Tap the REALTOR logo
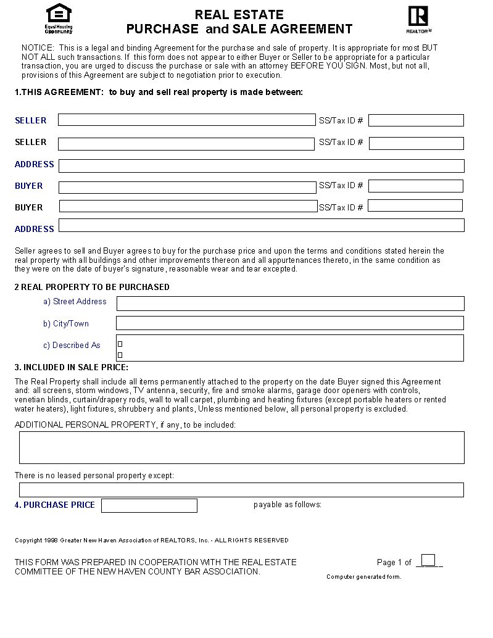click(x=418, y=19)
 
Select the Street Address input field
click(x=290, y=303)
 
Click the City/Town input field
click(x=290, y=323)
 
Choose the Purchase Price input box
click(x=149, y=505)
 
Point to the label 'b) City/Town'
click(x=66, y=323)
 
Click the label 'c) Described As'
click(x=72, y=345)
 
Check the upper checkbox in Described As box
click(x=120, y=344)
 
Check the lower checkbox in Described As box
click(x=120, y=355)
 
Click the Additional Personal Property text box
click(x=241, y=447)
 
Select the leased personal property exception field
click(x=241, y=490)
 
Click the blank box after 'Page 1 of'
click(x=428, y=560)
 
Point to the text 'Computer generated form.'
click(x=363, y=577)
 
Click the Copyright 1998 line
click(x=151, y=541)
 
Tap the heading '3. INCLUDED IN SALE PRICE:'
click(x=72, y=368)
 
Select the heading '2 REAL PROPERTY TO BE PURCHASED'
click(x=92, y=287)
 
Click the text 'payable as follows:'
click(x=288, y=505)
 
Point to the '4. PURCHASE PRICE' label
click(x=55, y=505)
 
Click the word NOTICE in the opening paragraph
click(x=37, y=48)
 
